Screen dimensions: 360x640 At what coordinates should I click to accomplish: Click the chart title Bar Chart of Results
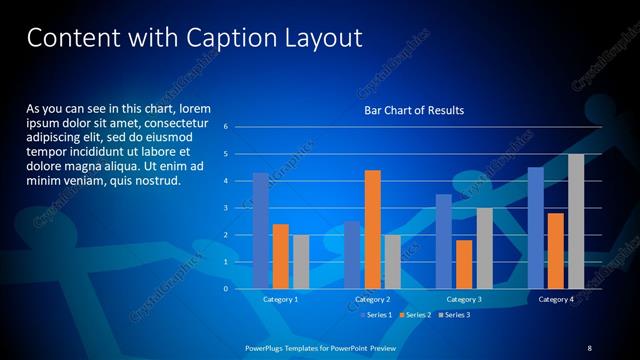[x=413, y=110]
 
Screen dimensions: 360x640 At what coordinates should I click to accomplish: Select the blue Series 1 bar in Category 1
[x=261, y=231]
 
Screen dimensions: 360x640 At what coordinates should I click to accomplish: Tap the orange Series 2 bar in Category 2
[x=372, y=229]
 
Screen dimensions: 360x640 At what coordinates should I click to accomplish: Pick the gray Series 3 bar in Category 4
[x=576, y=221]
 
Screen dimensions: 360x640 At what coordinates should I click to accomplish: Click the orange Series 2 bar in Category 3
[x=463, y=264]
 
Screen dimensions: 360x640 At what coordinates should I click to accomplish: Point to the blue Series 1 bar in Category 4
[x=536, y=228]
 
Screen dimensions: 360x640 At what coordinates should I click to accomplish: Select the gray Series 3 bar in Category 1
[x=300, y=262]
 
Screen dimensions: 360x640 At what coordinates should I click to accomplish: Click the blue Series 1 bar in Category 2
[x=352, y=255]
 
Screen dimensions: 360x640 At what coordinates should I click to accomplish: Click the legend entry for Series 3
[x=455, y=315]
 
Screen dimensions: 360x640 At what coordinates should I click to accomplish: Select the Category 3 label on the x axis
[x=463, y=299]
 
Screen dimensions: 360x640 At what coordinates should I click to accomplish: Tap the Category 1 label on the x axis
[x=281, y=299]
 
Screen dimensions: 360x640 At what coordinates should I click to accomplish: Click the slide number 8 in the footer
[x=589, y=347]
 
